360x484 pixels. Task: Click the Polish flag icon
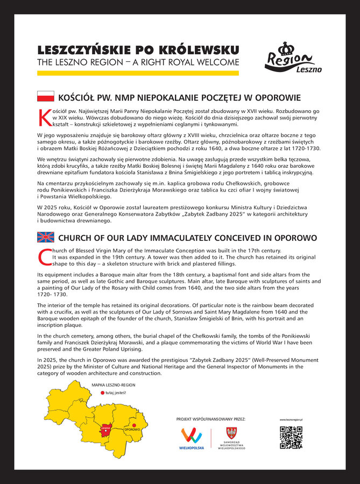(x=45, y=97)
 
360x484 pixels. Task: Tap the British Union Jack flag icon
(x=45, y=237)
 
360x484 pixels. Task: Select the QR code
(x=291, y=437)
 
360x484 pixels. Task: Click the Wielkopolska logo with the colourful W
(x=192, y=437)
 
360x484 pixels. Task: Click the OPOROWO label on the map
(x=132, y=430)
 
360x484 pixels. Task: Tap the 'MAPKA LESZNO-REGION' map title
(x=113, y=385)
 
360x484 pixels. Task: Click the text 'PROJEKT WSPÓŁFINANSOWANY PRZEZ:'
(x=210, y=418)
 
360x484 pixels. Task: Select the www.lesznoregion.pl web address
(x=291, y=419)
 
